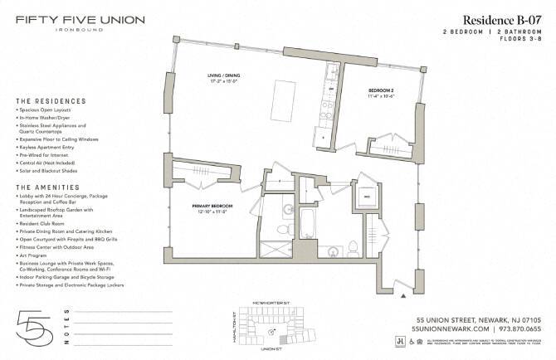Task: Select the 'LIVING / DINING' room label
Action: coord(226,77)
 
